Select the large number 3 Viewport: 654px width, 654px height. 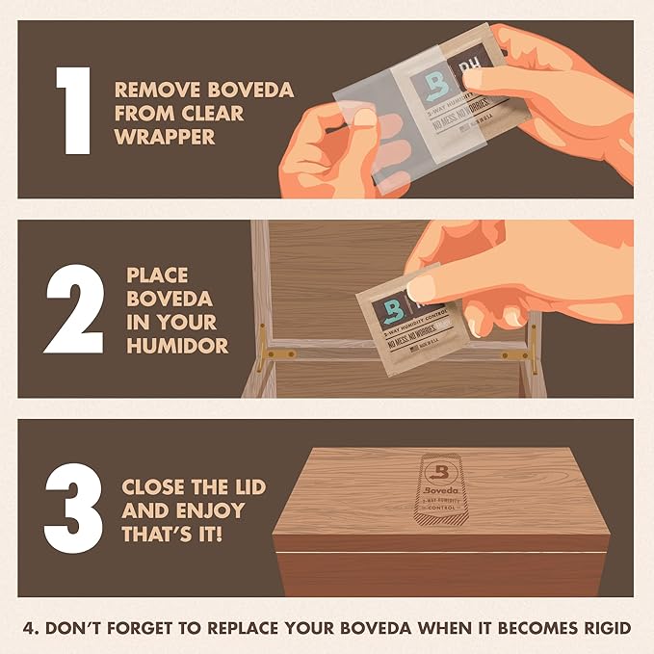75,509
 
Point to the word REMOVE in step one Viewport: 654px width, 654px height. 151,90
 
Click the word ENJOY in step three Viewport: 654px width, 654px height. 210,510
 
